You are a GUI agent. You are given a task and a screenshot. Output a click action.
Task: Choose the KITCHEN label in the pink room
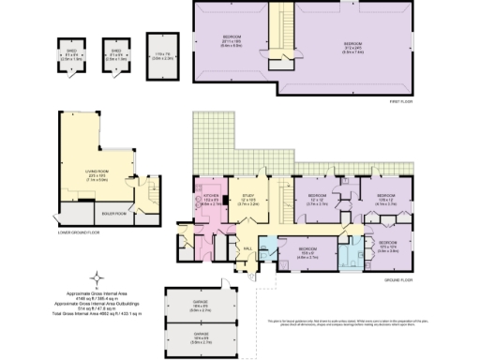[x=209, y=197]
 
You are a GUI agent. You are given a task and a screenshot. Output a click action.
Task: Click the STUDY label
[x=247, y=197]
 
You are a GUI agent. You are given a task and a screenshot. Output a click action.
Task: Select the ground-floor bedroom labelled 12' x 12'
[x=316, y=200]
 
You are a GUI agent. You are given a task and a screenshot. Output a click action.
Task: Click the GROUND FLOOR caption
[x=398, y=278]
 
